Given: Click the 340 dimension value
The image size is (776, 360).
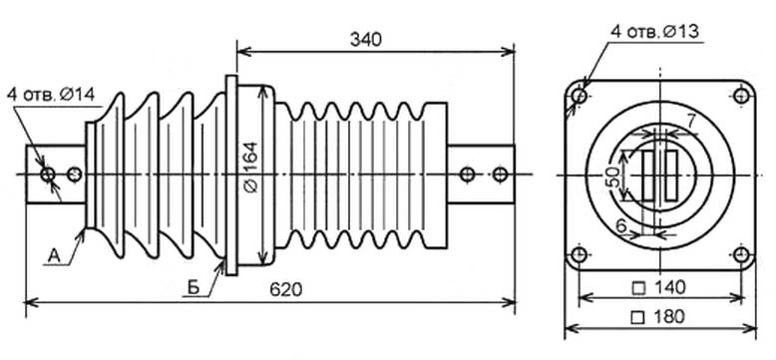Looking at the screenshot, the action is tap(366, 40).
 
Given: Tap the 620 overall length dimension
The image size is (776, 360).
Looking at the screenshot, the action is tap(285, 290).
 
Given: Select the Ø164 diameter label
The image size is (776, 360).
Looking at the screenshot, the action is tap(251, 168).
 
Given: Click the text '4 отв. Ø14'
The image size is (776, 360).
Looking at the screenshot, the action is tap(51, 94).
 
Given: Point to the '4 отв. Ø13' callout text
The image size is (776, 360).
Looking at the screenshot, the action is tap(654, 32).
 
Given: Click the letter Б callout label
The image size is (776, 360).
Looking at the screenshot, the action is tap(194, 287).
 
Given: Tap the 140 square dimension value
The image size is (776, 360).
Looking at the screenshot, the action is tap(659, 287).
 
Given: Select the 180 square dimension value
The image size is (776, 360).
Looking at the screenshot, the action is tap(659, 316).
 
